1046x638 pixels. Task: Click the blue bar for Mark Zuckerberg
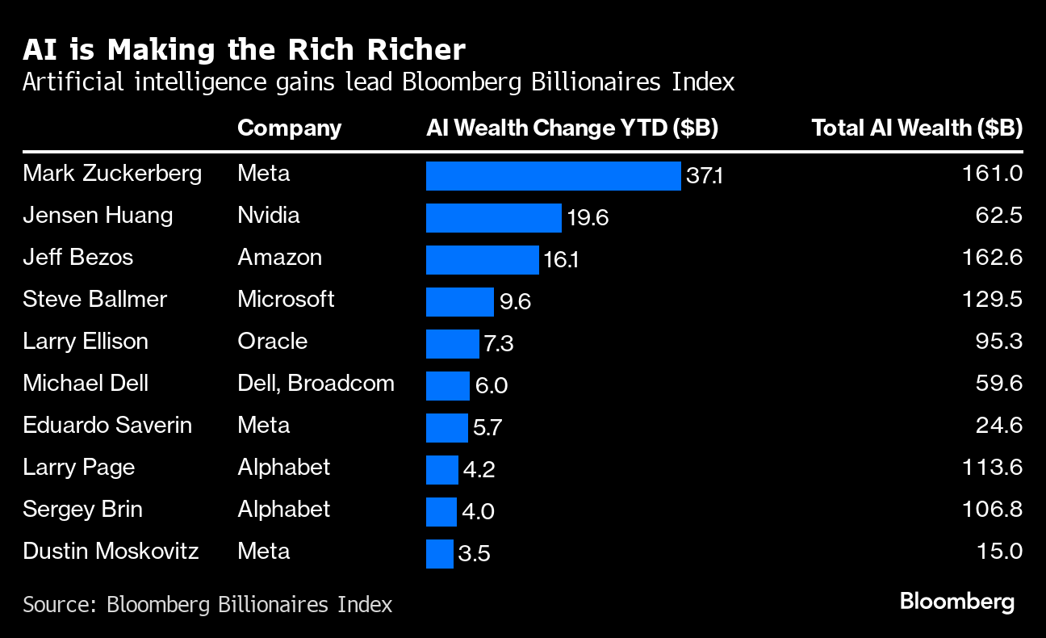553,175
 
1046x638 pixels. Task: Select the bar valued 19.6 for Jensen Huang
493,217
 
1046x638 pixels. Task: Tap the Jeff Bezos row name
77,258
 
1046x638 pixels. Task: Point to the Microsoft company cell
286,300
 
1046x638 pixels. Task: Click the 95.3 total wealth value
998,342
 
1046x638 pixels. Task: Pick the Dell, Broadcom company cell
316,384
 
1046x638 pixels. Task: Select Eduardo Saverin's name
107,426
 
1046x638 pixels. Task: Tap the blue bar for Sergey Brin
441,511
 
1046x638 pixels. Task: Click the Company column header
289,128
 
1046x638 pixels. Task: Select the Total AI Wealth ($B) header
917,128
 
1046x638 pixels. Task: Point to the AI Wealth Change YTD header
572,128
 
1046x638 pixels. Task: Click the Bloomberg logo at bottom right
956,602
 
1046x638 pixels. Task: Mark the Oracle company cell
272,342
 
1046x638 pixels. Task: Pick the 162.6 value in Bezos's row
993,258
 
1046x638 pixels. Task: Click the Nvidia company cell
268,216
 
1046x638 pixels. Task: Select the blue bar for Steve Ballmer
459,301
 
